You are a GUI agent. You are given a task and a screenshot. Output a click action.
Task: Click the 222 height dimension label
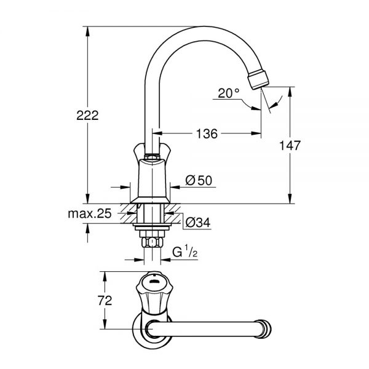pyautogui.click(x=87, y=116)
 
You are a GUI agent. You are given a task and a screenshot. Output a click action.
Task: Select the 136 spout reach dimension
pyautogui.click(x=207, y=133)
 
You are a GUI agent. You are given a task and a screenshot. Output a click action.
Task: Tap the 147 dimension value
pyautogui.click(x=290, y=145)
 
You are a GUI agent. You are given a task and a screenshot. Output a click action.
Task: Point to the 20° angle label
pyautogui.click(x=229, y=93)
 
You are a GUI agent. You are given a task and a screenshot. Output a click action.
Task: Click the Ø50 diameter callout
pyautogui.click(x=199, y=180)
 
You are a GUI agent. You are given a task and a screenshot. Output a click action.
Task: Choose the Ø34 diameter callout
pyautogui.click(x=198, y=223)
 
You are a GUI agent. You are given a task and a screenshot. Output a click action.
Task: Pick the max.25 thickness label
pyautogui.click(x=90, y=213)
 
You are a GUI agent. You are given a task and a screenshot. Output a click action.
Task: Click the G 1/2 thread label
pyautogui.click(x=185, y=252)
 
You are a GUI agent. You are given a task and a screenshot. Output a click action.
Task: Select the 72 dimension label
pyautogui.click(x=105, y=301)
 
